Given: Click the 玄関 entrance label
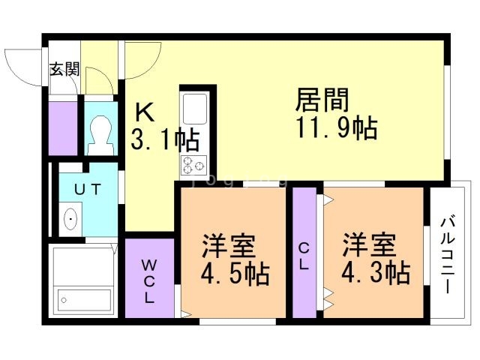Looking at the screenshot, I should pos(64,70).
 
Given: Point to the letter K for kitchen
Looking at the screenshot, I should pos(144,112).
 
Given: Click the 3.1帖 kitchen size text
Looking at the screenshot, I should pos(165,139).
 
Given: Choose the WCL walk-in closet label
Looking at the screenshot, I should pos(149,280).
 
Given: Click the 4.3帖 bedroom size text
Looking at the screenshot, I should pos(376,271).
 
